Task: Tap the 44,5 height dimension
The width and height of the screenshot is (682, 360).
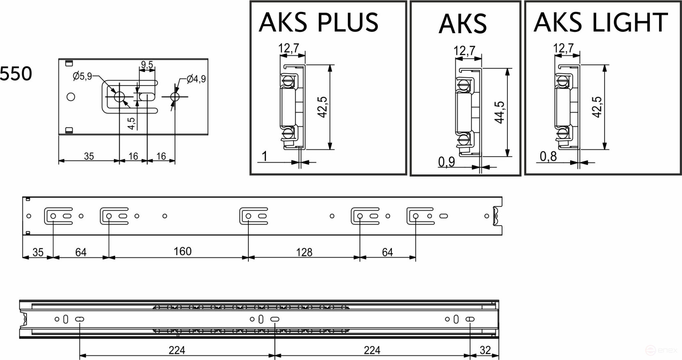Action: [x=500, y=112]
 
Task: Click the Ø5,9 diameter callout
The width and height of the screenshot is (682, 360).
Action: [x=82, y=76]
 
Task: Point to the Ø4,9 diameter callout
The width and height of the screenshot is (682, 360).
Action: [x=196, y=79]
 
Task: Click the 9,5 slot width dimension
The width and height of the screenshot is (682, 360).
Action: [x=147, y=65]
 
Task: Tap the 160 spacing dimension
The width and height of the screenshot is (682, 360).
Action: [x=182, y=251]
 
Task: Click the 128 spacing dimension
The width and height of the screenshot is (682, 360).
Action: [x=304, y=252]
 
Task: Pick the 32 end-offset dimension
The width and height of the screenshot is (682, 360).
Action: [x=485, y=350]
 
